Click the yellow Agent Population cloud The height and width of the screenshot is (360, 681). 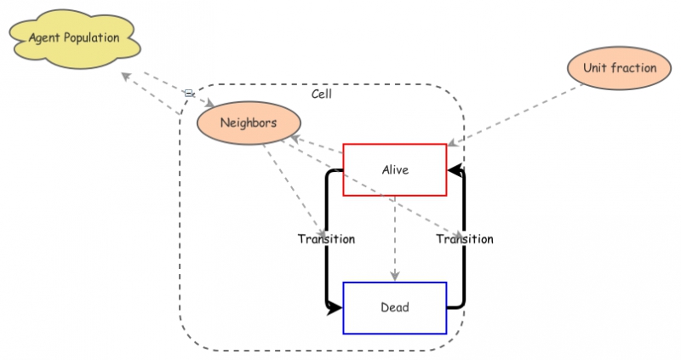tap(74, 38)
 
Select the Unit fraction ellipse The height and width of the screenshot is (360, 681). tap(620, 68)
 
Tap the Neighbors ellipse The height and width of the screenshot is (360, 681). tap(249, 123)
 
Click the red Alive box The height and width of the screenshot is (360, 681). tap(394, 169)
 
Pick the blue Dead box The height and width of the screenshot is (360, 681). tap(394, 307)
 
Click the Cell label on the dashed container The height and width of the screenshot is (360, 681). tap(322, 94)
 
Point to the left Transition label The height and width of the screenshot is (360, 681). tap(326, 239)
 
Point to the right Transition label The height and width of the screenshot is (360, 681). tap(465, 239)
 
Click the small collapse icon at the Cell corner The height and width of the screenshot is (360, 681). tap(188, 92)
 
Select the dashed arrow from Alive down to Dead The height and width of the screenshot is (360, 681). tap(394, 238)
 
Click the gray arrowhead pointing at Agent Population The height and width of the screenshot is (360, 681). tap(126, 77)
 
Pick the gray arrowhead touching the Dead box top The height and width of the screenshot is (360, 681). tap(394, 276)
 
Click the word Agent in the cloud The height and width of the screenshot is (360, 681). tap(43, 38)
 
